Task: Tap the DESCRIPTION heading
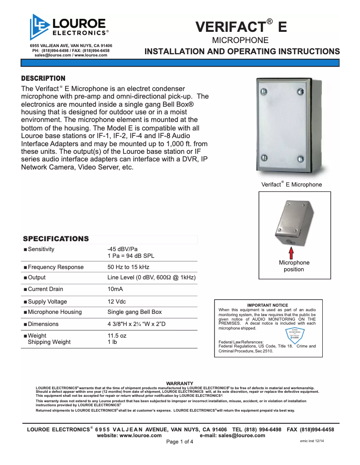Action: (x=44, y=78)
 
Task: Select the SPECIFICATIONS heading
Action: (x=56, y=239)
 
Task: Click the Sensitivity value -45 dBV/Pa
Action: (x=123, y=249)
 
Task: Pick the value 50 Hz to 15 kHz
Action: (x=128, y=267)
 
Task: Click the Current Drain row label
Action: (x=45, y=289)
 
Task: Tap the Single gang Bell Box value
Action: (x=135, y=312)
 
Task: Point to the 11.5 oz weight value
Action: (x=117, y=335)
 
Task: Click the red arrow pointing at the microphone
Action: (x=291, y=253)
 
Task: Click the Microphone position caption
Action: (x=294, y=266)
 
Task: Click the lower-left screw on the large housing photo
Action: (x=264, y=158)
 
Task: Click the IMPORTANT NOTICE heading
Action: (x=268, y=305)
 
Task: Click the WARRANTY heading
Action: (x=180, y=383)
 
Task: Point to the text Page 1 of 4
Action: (x=180, y=442)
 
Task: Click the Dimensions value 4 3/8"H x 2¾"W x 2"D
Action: (x=136, y=324)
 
